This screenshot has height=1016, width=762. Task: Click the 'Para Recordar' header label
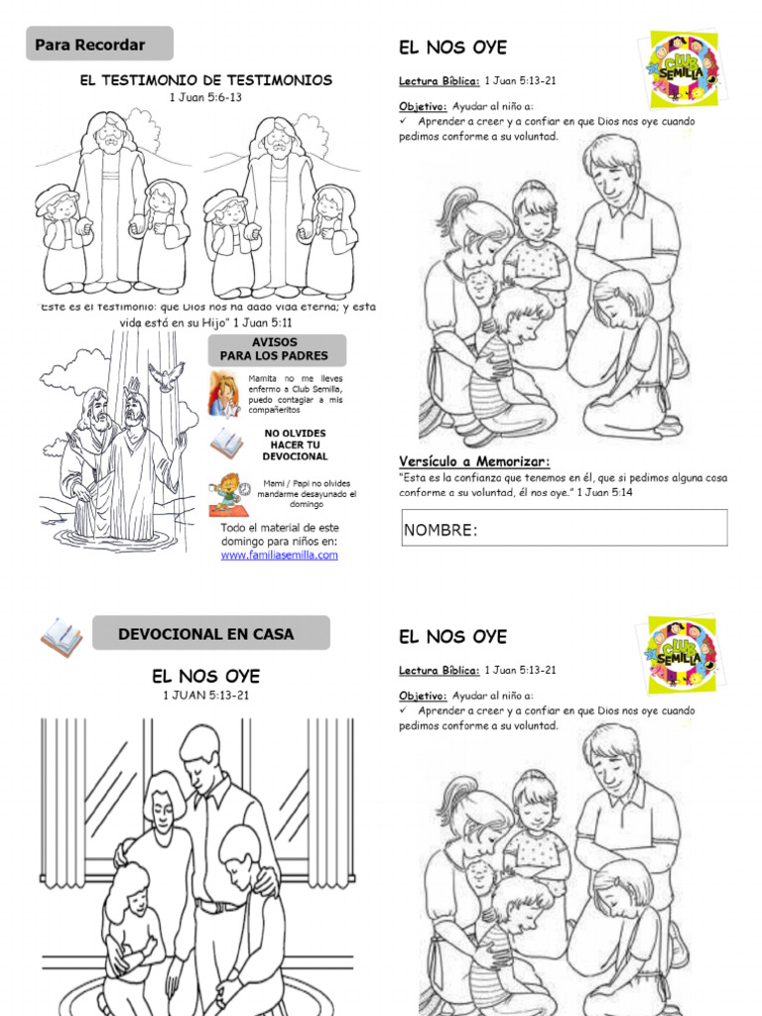[90, 45]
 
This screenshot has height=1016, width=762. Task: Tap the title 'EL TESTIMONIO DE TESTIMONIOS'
[205, 80]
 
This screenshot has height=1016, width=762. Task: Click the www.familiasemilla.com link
[279, 556]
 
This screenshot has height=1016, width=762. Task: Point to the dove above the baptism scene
[167, 375]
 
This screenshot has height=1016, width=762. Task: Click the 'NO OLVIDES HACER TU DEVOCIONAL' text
[295, 444]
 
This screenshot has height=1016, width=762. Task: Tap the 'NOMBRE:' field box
[564, 528]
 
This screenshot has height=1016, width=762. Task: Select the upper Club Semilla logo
[683, 68]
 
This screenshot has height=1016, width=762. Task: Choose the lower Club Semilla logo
[683, 655]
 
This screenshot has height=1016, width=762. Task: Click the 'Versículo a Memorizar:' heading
[474, 461]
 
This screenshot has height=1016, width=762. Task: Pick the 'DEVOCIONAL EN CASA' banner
[210, 633]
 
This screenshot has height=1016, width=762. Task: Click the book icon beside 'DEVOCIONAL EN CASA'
[62, 636]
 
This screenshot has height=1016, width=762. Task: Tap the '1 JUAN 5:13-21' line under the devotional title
[205, 695]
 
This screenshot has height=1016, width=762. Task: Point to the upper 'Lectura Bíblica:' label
[440, 81]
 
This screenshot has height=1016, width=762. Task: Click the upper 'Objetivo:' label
[423, 106]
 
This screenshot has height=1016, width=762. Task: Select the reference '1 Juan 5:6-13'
[205, 97]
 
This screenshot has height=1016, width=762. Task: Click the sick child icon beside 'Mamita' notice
[224, 393]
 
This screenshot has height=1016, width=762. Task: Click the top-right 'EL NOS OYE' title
[452, 47]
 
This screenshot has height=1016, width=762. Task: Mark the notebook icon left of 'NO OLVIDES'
[224, 443]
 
